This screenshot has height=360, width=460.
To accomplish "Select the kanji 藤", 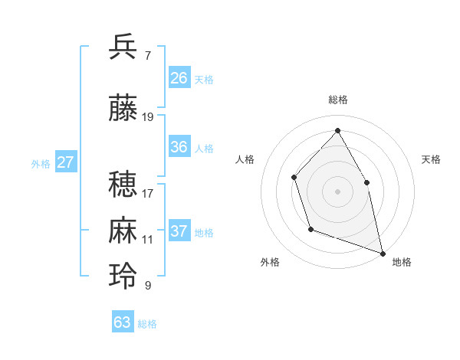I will [123, 108].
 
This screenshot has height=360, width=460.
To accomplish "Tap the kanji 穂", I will [123, 185].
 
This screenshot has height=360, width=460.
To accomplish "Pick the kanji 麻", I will [123, 231].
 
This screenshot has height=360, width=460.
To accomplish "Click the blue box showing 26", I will [179, 78].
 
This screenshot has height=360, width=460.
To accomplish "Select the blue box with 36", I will [179, 147].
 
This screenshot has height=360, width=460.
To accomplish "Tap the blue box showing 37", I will [179, 231].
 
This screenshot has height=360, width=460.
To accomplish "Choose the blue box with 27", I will [66, 162].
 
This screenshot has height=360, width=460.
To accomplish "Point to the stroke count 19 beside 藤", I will [148, 117].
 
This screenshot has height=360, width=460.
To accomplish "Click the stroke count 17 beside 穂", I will [148, 193].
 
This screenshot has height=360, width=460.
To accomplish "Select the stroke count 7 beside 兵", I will [147, 55].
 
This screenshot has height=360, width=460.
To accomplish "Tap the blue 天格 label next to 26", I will [204, 79].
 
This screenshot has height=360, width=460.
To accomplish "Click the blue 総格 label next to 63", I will [147, 324].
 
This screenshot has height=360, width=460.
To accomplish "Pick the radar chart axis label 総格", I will [338, 100].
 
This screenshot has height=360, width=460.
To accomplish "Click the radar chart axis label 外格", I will [270, 262].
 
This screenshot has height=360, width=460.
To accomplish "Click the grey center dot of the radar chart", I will [338, 191].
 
